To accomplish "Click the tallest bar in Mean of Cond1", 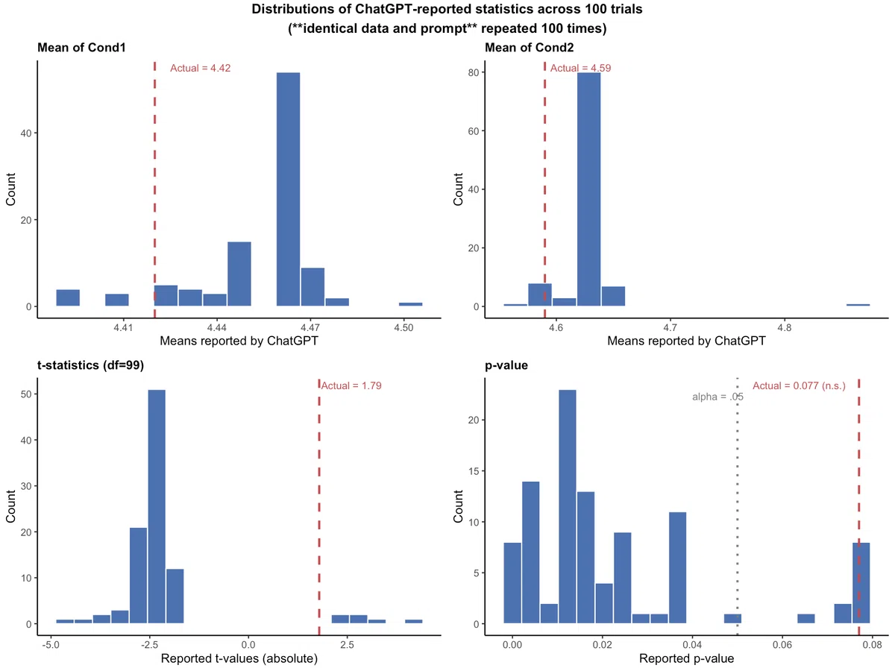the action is (289, 189).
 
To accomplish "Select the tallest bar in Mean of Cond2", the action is (588, 189).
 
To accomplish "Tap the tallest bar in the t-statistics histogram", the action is (157, 506).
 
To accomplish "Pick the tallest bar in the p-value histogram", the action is (568, 506).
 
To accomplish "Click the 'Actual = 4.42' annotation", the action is (200, 68).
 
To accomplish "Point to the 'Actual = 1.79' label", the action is (351, 385).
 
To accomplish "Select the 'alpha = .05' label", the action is (717, 397).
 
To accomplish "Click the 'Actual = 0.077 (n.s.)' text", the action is (800, 385).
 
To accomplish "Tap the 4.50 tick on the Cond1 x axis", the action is (403, 327).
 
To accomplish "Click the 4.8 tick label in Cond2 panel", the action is (785, 327).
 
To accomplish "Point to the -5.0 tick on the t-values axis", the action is (51, 645).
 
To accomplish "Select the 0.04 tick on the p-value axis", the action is (692, 645).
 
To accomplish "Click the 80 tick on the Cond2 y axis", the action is (474, 72).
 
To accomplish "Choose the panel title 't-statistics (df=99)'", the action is (90, 365).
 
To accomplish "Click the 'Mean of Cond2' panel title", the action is (530, 48).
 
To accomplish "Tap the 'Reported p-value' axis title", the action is (687, 658).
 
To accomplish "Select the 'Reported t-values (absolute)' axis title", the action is (239, 658).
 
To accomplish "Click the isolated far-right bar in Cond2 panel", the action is (858, 305).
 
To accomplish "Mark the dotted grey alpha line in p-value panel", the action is (737, 506).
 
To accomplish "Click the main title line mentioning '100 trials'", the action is (447, 9).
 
